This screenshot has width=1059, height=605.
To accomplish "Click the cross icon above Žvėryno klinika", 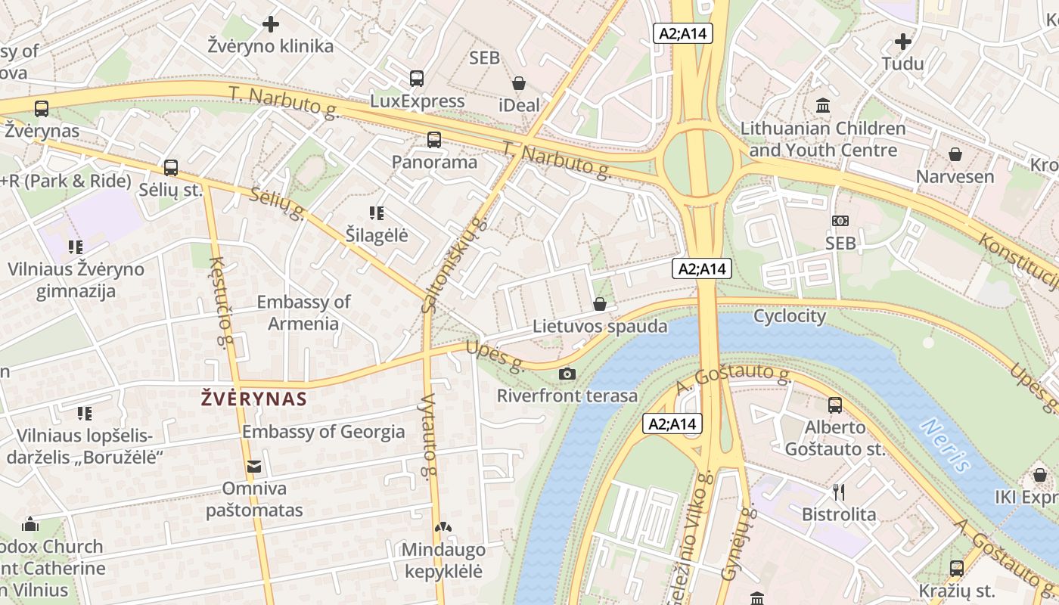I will tap(271, 24).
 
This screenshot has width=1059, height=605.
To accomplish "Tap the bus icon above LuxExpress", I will tap(417, 78).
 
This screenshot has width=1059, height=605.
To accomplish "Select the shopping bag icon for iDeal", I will tap(519, 83).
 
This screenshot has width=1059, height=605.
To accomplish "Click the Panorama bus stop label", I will tap(434, 162).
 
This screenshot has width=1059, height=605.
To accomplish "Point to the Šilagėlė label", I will tap(377, 235).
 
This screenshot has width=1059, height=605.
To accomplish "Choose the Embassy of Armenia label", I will tap(303, 312).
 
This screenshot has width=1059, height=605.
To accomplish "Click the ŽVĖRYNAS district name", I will tap(254, 399).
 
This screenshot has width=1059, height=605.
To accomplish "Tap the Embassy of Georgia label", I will tap(323, 432).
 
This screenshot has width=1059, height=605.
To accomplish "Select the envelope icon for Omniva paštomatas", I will tap(253, 467).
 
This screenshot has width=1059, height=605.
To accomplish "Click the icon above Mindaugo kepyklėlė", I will tap(442, 527).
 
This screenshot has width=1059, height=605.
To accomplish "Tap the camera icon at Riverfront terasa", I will tap(567, 374).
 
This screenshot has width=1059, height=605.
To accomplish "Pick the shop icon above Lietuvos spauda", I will tap(600, 304).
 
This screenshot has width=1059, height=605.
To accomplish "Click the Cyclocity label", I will tap(790, 316).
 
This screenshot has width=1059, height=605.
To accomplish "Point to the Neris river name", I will tap(945, 445).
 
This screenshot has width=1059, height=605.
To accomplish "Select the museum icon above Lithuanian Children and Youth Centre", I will tap(822, 105).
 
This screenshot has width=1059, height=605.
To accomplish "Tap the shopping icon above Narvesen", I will tap(955, 154).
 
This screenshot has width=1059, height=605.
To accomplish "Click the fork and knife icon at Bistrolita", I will tap(838, 492).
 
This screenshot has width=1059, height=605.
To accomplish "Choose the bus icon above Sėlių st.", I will tap(171, 168).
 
